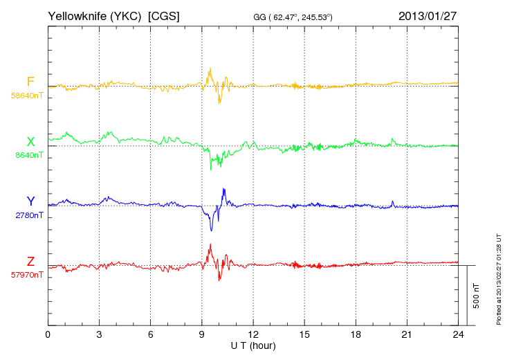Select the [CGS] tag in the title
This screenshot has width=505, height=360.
164,16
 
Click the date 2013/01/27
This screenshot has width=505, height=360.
428,16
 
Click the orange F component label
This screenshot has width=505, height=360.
30,82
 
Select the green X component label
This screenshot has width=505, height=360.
30,142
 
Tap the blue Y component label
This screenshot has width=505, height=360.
30,201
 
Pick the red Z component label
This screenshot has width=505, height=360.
30,261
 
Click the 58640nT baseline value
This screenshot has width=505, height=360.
27,96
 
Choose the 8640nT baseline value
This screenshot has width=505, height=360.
29,156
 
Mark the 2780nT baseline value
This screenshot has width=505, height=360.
29,215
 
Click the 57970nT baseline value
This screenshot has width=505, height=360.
27,275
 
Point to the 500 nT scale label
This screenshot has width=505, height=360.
477,295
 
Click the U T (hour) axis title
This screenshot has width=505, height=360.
253,345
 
